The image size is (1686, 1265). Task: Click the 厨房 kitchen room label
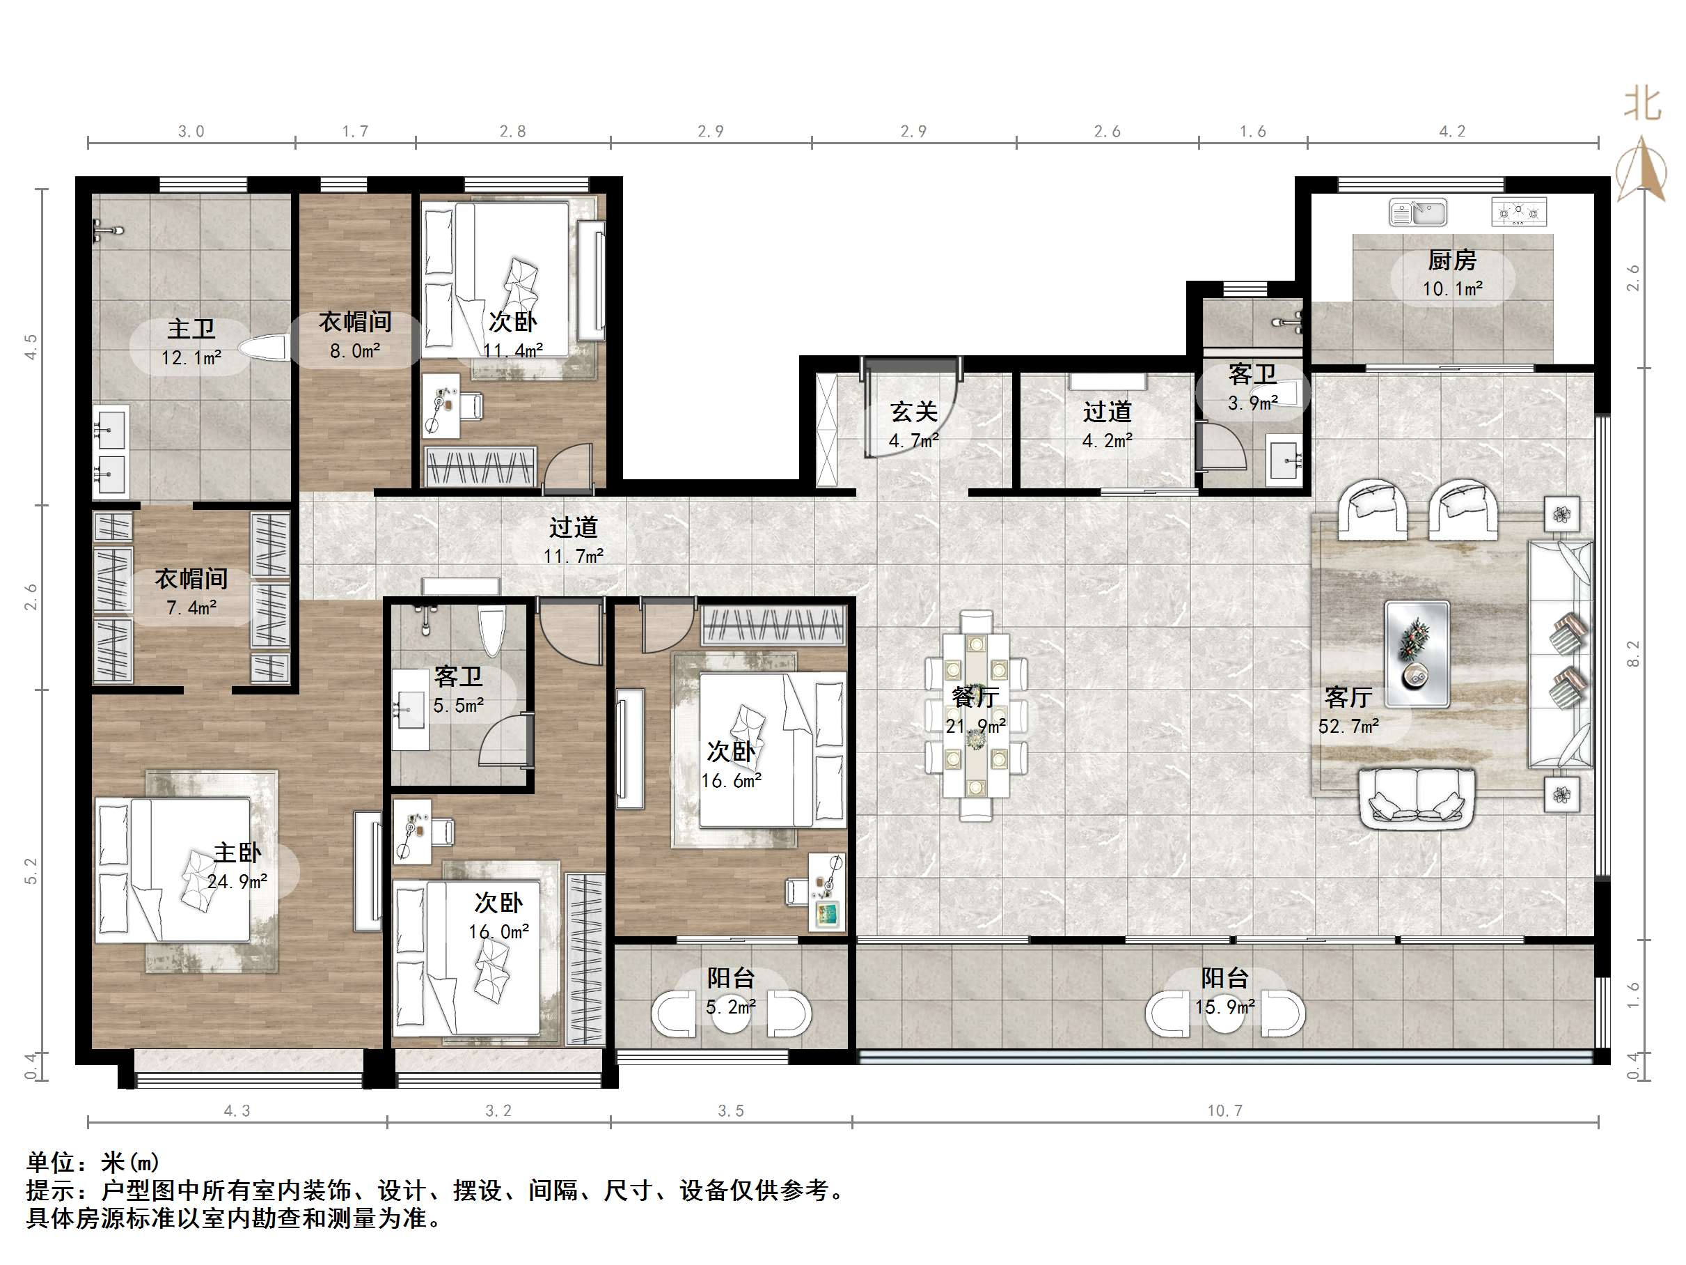[x=1451, y=261]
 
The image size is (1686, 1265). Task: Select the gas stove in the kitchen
[x=1518, y=212]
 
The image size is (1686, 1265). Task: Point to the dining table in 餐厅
[x=976, y=715]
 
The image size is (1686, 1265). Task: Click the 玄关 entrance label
[x=913, y=412]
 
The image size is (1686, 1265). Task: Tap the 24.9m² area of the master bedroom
[x=237, y=881]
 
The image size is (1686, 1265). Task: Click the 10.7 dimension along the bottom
[x=1225, y=1111]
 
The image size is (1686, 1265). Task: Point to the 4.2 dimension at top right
[x=1451, y=131]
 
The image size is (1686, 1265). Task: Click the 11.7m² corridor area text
[x=573, y=556]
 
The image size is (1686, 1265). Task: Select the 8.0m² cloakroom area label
[x=354, y=351]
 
